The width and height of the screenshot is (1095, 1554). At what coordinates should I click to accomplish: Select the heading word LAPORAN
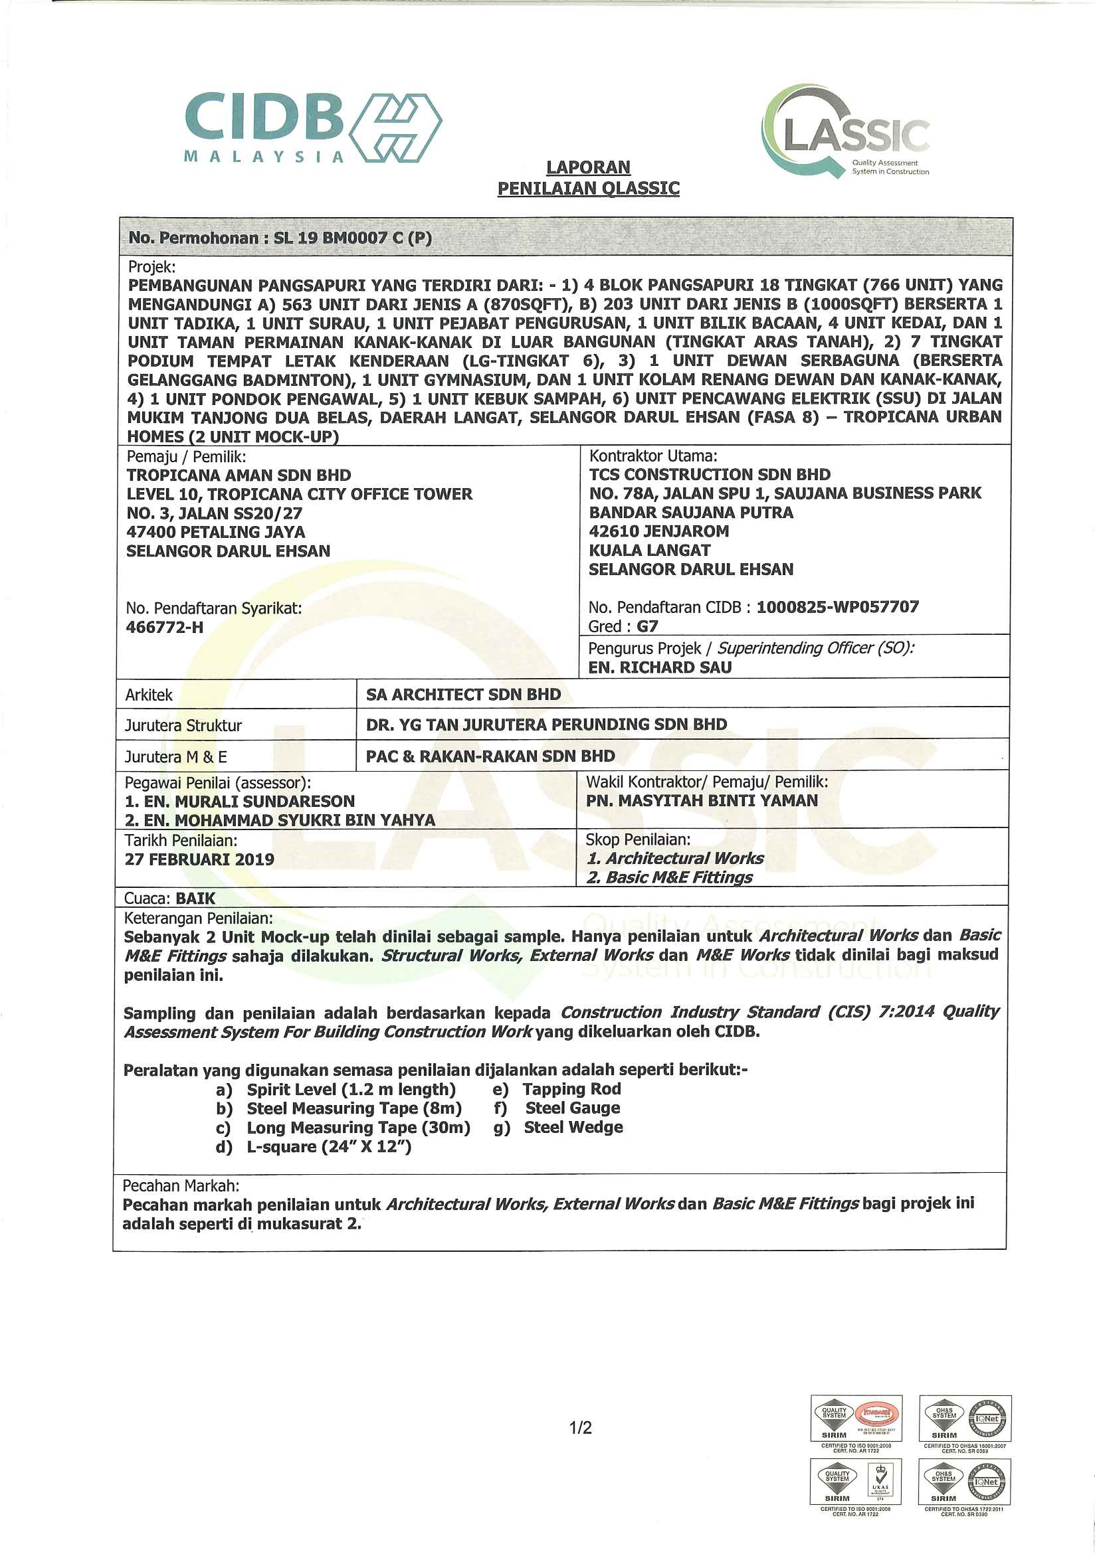pyautogui.click(x=588, y=167)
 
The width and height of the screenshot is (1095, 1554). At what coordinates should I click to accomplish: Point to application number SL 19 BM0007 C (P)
pyautogui.click(x=352, y=238)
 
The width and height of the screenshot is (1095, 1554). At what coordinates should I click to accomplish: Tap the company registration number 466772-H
pyautogui.click(x=165, y=628)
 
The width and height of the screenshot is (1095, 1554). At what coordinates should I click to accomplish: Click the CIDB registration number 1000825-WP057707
pyautogui.click(x=837, y=606)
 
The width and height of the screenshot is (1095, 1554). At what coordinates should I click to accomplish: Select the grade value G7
pyautogui.click(x=647, y=626)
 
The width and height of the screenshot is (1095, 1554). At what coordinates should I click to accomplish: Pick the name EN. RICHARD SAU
pyautogui.click(x=660, y=667)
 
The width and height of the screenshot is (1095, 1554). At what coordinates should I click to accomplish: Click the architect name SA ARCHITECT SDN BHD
pyautogui.click(x=463, y=695)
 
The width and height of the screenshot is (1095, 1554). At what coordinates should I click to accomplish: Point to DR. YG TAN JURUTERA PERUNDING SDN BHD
pyautogui.click(x=546, y=725)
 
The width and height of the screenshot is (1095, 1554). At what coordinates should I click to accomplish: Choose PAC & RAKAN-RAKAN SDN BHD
pyautogui.click(x=490, y=756)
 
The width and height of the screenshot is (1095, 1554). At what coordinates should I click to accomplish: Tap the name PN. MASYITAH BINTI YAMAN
pyautogui.click(x=702, y=801)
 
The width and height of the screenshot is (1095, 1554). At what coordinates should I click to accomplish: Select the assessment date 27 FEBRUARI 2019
pyautogui.click(x=199, y=859)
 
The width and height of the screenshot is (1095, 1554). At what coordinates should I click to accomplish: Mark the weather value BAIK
pyautogui.click(x=195, y=898)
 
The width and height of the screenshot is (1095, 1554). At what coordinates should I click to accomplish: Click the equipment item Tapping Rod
pyautogui.click(x=571, y=1089)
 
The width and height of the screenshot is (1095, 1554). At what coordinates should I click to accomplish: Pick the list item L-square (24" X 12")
pyautogui.click(x=329, y=1146)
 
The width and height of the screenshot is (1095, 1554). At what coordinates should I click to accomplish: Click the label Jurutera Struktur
pyautogui.click(x=183, y=726)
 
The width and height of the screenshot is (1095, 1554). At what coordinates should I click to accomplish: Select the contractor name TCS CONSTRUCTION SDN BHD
pyautogui.click(x=709, y=474)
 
